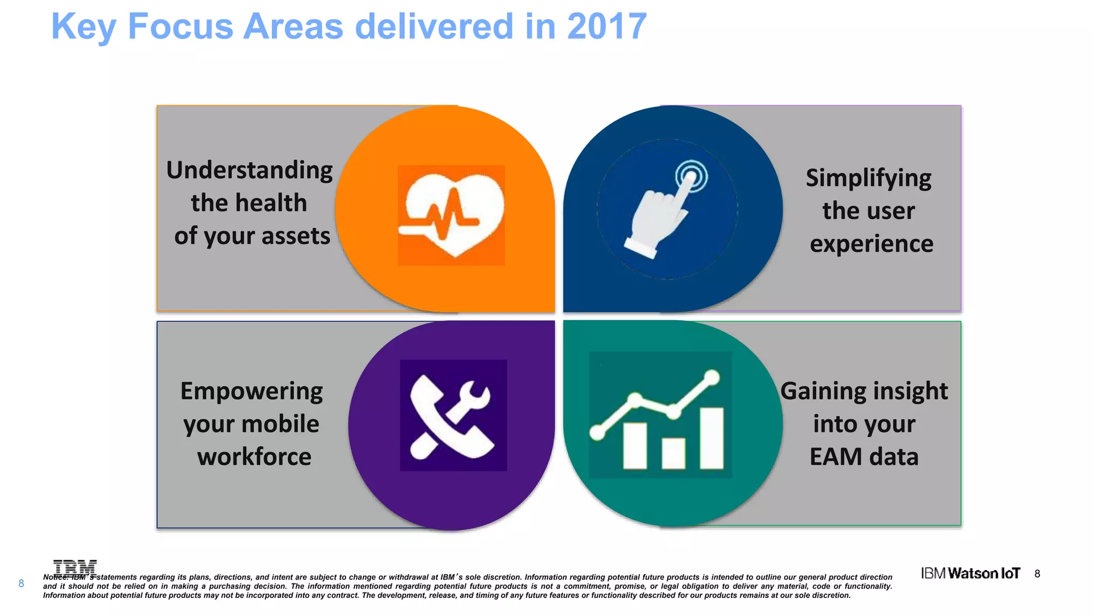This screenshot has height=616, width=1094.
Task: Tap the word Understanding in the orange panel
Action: pos(249,170)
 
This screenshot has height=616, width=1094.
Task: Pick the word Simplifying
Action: pos(868,178)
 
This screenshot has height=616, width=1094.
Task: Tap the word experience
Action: pos(871,244)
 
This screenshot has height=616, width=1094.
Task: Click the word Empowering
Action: pos(251,391)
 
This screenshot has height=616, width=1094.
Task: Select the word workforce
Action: pos(254,457)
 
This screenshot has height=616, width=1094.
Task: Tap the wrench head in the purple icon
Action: pos(475,396)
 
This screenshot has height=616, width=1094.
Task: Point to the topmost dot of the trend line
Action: pos(712,378)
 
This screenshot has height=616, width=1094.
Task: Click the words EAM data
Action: pos(864,457)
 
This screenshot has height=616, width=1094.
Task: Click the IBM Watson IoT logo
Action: pos(970,573)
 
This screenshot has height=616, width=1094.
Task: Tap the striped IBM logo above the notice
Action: pos(75,567)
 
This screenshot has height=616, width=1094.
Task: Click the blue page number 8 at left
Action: pos(21,583)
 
